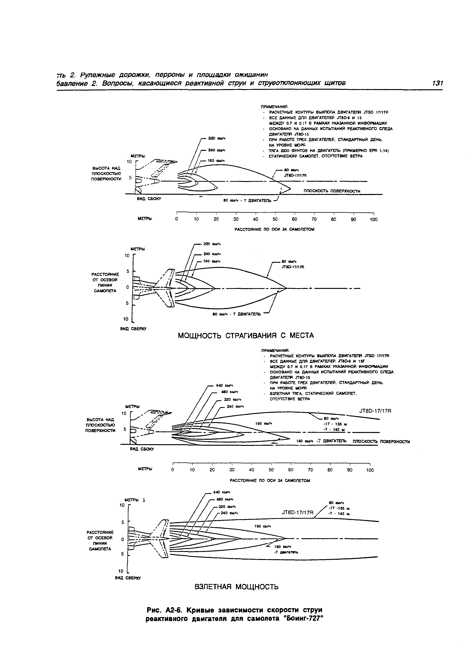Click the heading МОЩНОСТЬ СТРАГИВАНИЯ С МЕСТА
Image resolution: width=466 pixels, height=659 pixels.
[246, 335]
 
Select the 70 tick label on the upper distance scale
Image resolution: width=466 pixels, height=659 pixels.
[314, 219]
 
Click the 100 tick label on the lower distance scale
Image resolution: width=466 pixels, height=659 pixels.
[370, 470]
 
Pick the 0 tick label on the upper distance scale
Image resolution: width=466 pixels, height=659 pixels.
[176, 219]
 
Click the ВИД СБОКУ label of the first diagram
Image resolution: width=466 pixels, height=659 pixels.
[149, 199]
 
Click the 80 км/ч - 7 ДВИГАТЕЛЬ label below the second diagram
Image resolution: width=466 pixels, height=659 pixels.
[237, 314]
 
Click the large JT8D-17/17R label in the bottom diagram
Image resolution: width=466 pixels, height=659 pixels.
[298, 512]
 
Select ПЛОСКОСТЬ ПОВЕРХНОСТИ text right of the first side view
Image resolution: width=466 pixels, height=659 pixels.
[332, 191]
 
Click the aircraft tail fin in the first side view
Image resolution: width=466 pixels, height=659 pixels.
[165, 162]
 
